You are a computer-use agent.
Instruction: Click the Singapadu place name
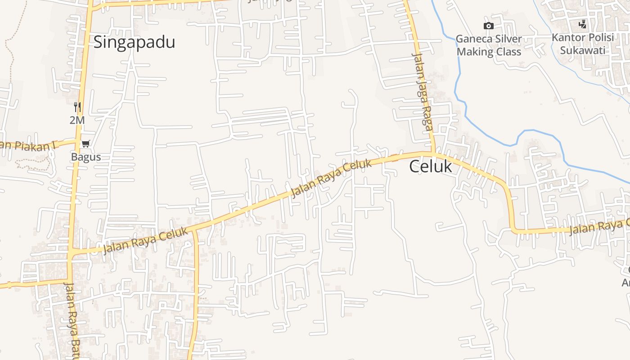point(134,42)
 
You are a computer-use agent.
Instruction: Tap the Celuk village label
point(430,166)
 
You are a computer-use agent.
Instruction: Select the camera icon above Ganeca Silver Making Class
point(488,26)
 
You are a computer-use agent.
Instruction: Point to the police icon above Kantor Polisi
point(583,24)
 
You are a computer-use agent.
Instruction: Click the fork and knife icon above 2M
point(77,107)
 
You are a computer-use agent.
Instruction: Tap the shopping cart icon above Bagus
point(85,144)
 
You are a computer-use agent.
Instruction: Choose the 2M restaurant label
point(77,120)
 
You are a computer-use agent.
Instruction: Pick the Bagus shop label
point(85,157)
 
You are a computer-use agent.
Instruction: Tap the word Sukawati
point(583,50)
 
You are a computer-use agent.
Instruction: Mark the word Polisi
point(598,37)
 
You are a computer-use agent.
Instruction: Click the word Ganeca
point(472,39)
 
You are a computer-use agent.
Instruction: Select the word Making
point(475,52)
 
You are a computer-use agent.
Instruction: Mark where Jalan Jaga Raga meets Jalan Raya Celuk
point(433,153)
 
